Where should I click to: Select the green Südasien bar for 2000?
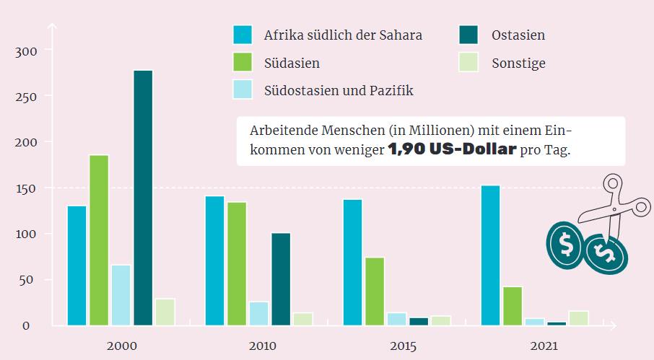point(99,240)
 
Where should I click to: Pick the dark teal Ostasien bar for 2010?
point(281,278)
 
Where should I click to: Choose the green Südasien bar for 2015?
point(375,291)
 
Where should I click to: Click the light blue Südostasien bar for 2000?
point(121,294)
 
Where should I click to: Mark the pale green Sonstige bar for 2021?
point(578,317)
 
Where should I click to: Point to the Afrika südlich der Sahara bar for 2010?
point(214,260)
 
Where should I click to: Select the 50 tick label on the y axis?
point(26,280)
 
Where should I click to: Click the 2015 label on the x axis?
point(403,347)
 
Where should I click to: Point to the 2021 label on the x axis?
point(543,347)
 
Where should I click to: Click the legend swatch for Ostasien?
point(468,35)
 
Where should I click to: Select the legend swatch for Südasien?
point(243,63)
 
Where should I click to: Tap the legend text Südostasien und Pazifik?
point(339,90)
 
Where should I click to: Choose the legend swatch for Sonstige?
point(468,63)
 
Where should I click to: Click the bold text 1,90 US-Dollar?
point(452,151)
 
